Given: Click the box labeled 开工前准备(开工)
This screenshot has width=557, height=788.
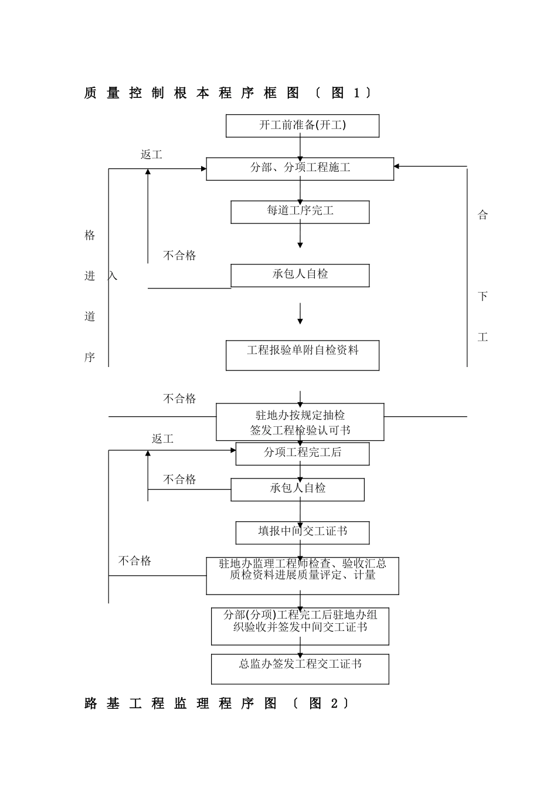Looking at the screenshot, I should (x=303, y=125).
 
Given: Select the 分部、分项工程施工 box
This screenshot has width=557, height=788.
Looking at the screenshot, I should (x=300, y=168).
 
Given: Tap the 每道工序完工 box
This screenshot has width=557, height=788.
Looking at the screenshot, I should (x=300, y=212).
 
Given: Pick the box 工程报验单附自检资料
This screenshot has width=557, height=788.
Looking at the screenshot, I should (x=303, y=355).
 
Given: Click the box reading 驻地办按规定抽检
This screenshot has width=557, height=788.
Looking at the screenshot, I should (x=300, y=422).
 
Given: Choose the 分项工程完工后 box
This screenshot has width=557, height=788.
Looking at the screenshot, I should (x=303, y=453).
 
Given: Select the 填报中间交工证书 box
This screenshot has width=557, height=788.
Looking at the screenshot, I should (x=303, y=532).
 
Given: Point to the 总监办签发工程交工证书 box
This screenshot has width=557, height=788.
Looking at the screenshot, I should (x=300, y=669).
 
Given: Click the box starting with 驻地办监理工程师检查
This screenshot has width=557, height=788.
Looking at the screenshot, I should (x=303, y=575).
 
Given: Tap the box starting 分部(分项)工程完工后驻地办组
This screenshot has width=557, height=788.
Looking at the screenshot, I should (x=300, y=626).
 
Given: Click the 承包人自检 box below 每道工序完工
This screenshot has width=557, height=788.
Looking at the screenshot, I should (x=300, y=275).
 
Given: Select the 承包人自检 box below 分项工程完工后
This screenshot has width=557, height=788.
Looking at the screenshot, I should (x=297, y=489).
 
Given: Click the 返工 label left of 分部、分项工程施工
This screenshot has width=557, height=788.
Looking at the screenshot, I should (x=151, y=155).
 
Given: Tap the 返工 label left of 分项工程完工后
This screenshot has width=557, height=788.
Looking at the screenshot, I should (x=162, y=439).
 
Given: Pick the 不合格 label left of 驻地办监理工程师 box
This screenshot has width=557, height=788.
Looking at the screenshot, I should (x=135, y=561).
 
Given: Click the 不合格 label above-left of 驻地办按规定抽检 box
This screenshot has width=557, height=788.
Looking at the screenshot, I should (x=179, y=399).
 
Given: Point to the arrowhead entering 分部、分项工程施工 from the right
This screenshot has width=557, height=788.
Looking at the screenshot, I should (x=397, y=167).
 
